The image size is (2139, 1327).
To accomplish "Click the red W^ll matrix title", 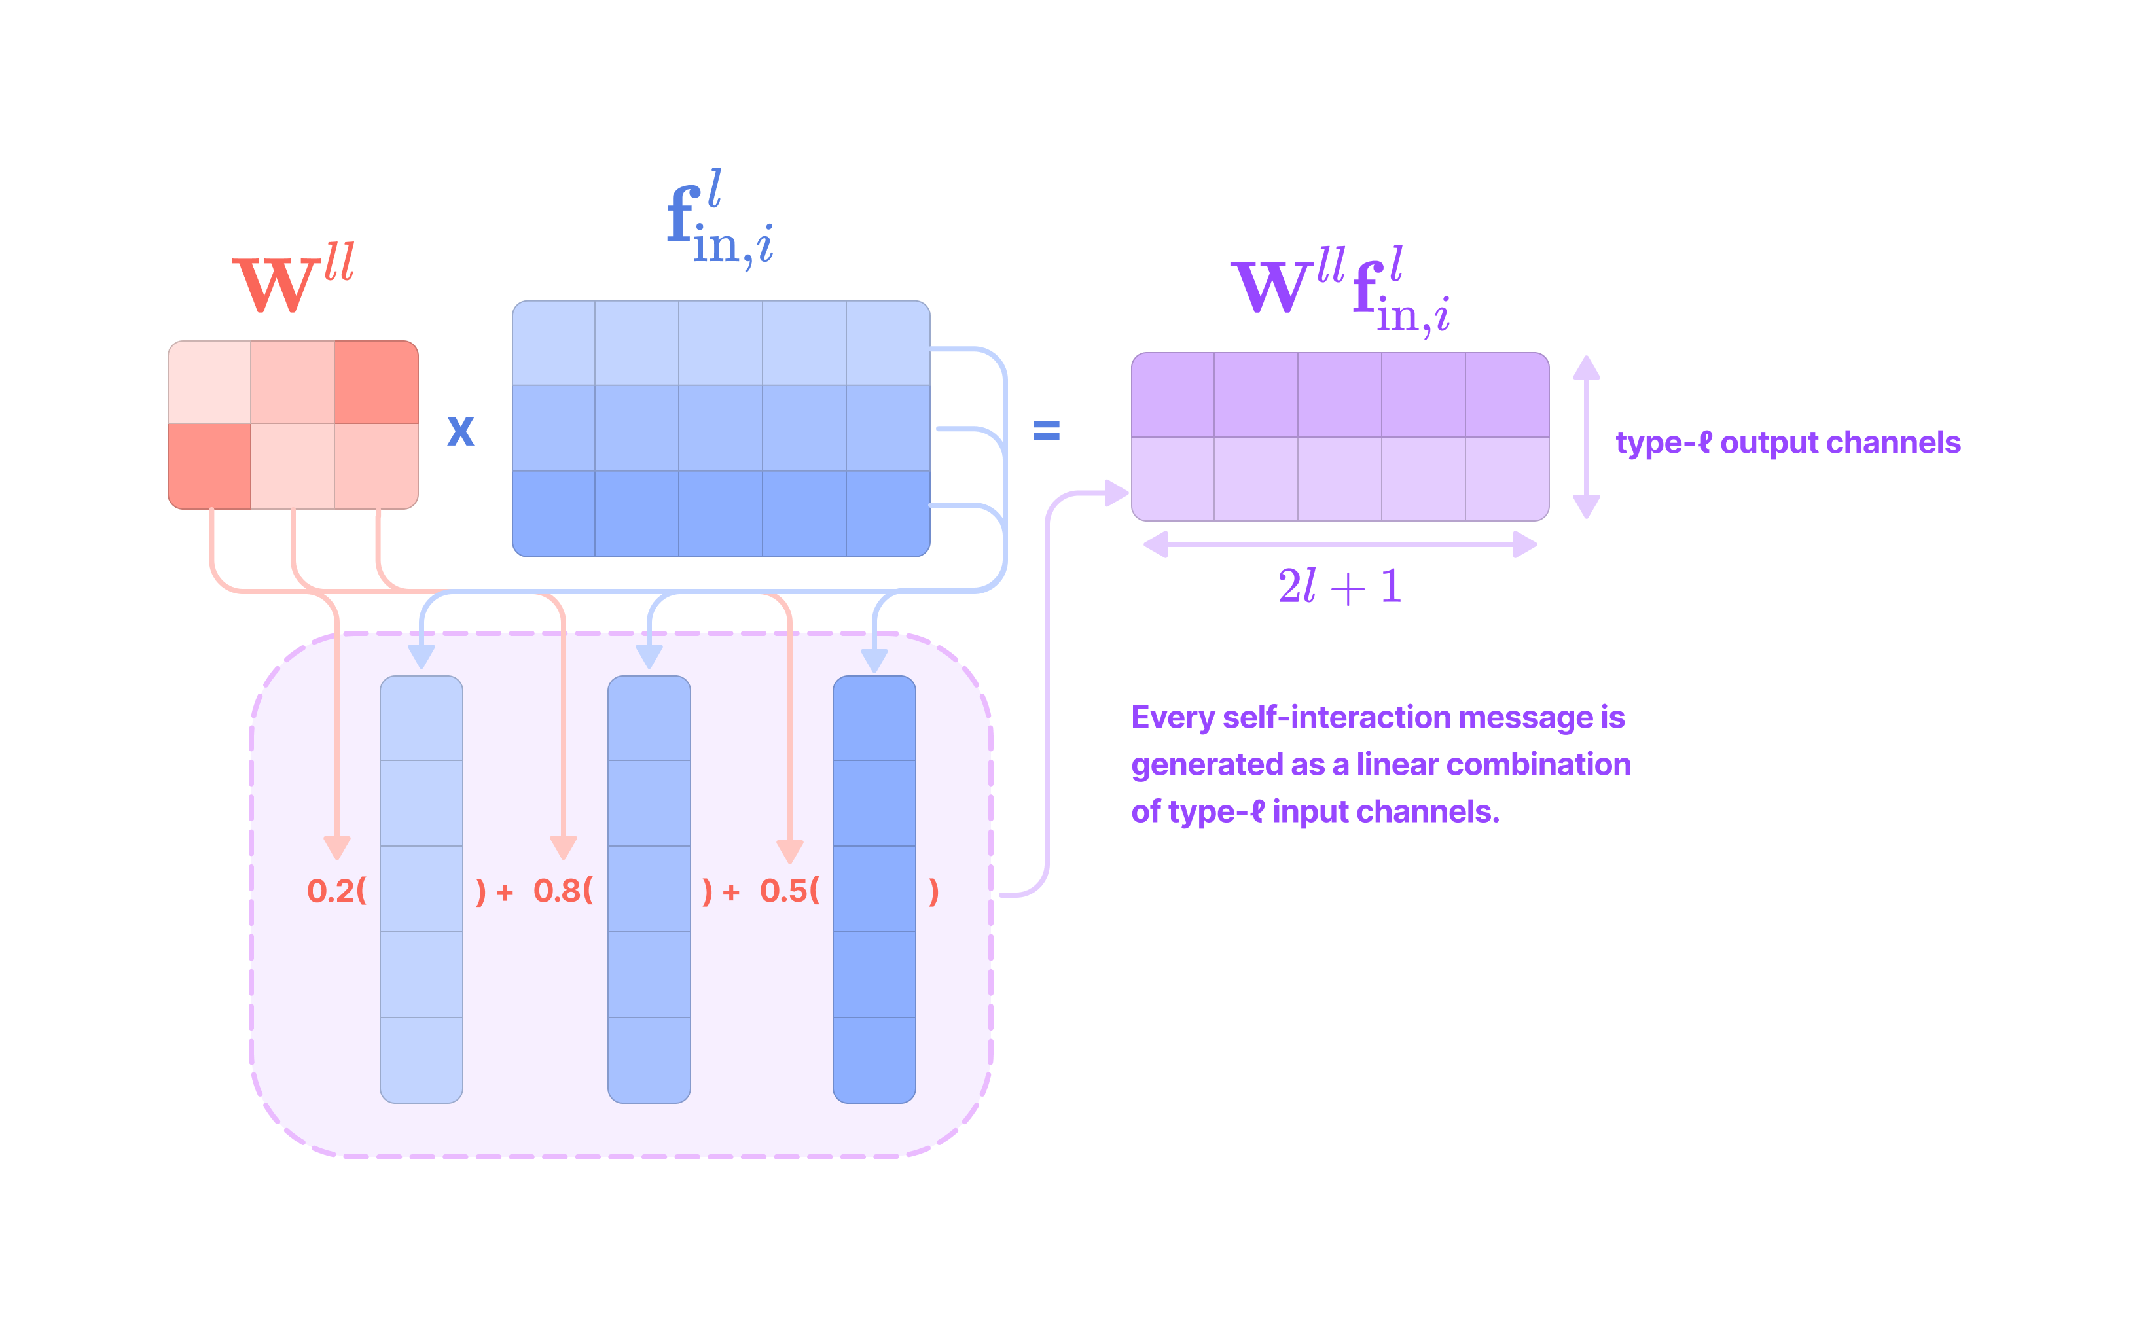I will click(x=293, y=279).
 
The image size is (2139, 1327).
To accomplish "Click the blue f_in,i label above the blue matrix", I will click(x=718, y=219).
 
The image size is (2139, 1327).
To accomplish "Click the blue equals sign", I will click(x=1045, y=430).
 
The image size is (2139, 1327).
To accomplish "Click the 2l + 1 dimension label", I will click(x=1339, y=586).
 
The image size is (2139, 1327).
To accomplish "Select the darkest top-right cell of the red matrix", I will click(x=376, y=381).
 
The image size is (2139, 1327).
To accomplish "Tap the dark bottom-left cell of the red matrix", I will click(x=209, y=466).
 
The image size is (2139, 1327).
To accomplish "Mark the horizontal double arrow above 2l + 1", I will click(x=1339, y=544).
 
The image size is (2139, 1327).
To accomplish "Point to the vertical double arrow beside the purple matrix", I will click(x=1585, y=436).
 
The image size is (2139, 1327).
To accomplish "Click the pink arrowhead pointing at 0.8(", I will click(x=563, y=847).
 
